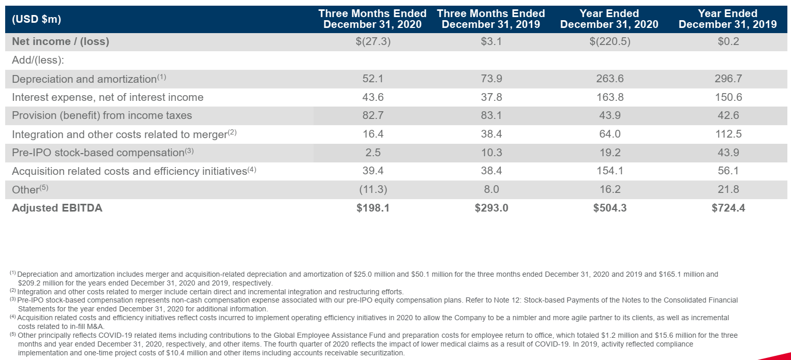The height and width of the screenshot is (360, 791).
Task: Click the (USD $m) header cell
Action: (36, 20)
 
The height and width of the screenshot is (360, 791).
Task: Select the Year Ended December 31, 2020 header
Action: (609, 19)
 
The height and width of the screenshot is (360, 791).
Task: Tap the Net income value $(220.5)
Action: (609, 42)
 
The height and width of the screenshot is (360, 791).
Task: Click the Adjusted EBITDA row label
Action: (57, 208)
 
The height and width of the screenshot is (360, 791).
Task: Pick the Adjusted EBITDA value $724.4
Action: (728, 208)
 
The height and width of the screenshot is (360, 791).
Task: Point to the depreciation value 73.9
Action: (491, 79)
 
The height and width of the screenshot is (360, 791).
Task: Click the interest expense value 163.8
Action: (609, 97)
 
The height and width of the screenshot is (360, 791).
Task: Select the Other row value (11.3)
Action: (372, 189)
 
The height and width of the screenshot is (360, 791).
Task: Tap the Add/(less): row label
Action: (38, 61)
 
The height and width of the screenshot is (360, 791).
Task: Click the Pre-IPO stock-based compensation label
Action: (98, 153)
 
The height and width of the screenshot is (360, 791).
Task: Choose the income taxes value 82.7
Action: (372, 116)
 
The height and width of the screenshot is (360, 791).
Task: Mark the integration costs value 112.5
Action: (728, 134)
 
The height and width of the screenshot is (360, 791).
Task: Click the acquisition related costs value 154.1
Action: (609, 171)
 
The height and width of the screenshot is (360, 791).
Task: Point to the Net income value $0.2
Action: (728, 42)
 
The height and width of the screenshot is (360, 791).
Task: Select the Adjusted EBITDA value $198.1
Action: (372, 208)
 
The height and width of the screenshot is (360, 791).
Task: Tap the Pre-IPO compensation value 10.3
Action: (491, 153)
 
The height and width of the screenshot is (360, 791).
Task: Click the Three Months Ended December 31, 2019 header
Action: (491, 19)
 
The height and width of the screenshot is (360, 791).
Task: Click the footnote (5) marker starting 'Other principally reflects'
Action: (13, 335)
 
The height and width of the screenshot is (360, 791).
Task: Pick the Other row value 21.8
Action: (728, 189)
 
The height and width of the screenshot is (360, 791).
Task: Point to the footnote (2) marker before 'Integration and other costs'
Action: (13, 292)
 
